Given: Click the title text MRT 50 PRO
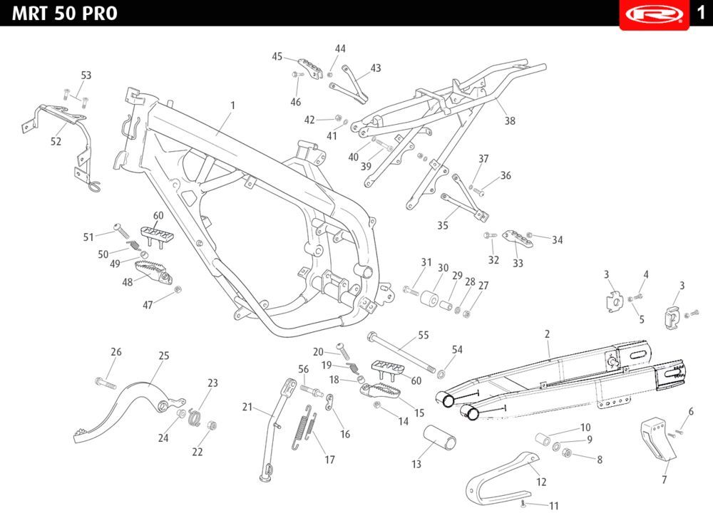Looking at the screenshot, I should click(64, 14).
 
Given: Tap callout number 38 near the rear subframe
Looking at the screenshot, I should click(510, 121).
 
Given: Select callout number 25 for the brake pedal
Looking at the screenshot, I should click(163, 355).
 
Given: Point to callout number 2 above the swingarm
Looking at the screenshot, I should click(548, 333).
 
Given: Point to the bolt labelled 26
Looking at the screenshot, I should click(104, 383).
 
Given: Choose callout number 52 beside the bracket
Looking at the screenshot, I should click(56, 142).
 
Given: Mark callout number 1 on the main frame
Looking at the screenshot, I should click(232, 105).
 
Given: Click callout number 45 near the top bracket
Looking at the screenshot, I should click(277, 57).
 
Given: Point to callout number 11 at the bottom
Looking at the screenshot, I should click(554, 506).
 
